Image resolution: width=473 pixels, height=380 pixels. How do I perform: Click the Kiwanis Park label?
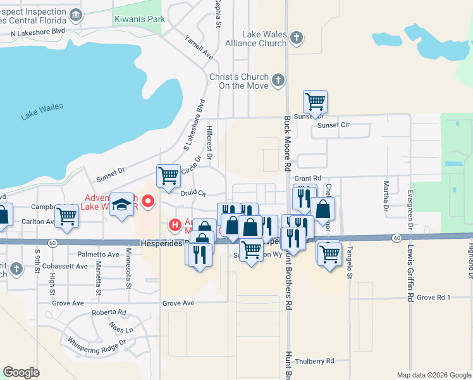tap(139, 19)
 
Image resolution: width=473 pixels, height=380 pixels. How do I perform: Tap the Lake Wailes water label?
tap(42, 111)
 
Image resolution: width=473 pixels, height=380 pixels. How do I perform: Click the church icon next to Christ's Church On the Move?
tap(277, 80)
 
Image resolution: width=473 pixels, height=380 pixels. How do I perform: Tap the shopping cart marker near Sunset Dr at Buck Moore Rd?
tap(314, 101)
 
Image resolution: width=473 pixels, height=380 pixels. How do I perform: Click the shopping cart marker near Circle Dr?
tap(168, 175)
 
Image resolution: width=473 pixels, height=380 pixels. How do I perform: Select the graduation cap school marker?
tap(121, 205)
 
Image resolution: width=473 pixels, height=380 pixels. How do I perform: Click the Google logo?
tap(21, 372)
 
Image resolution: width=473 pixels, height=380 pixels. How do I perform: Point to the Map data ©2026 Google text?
tap(433, 375)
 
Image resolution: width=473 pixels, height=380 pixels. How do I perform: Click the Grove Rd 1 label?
tap(433, 297)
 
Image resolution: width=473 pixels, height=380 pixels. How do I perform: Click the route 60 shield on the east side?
tap(396, 238)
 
